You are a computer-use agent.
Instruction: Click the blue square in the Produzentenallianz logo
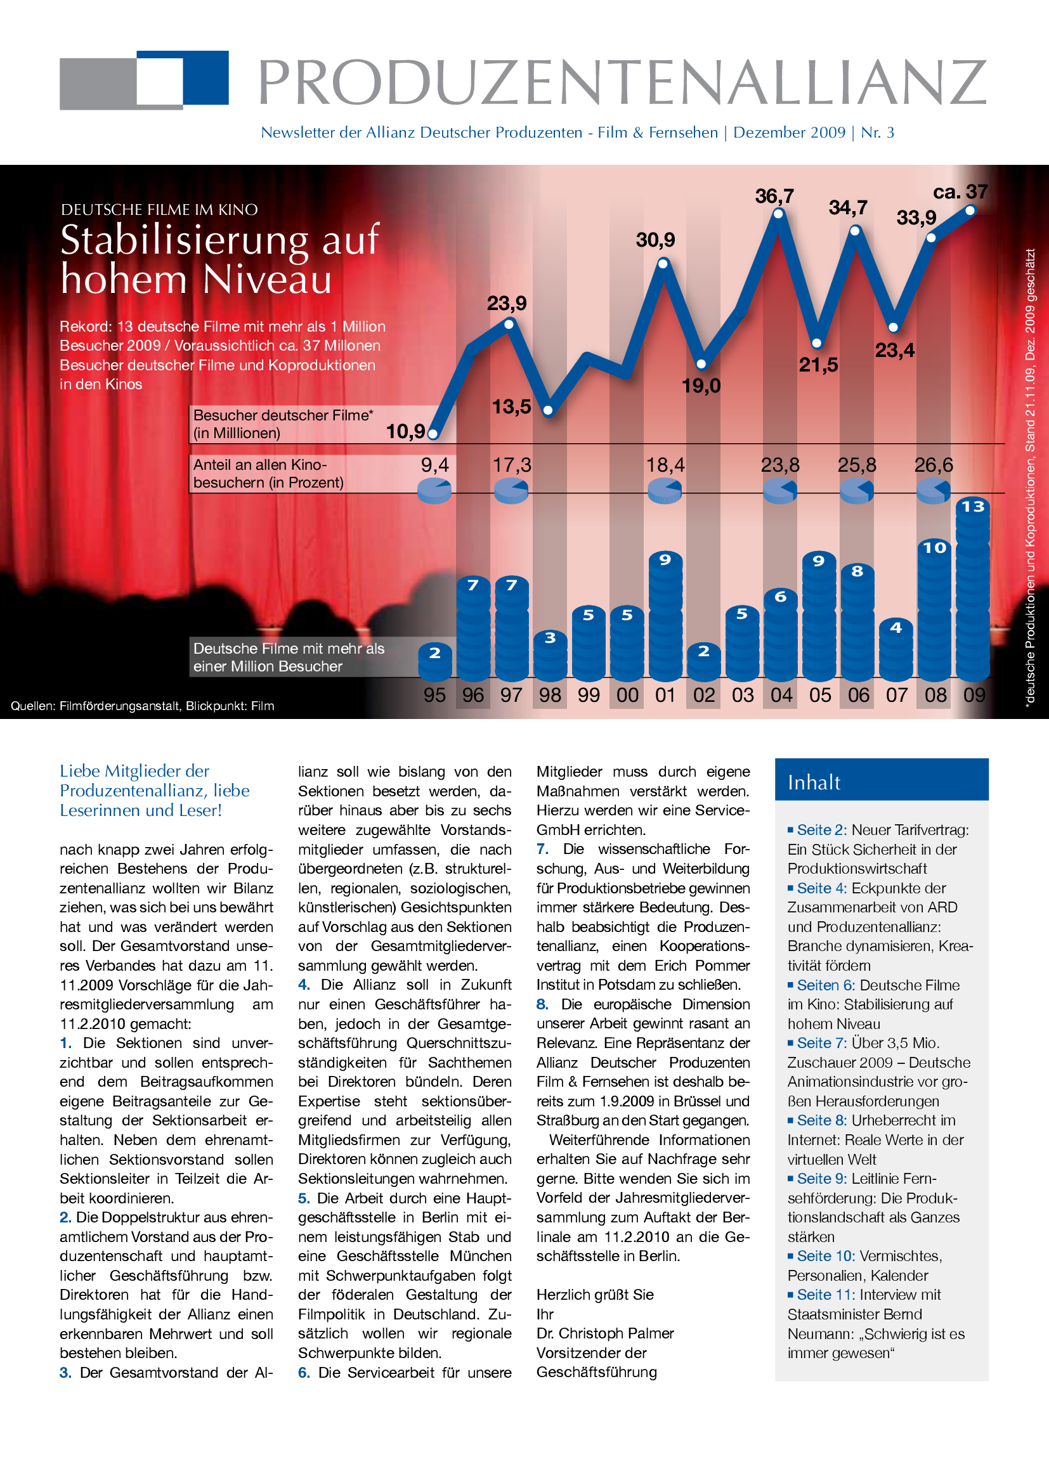(x=205, y=77)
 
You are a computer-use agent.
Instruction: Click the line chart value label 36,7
(x=774, y=196)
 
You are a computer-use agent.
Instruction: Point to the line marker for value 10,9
(x=433, y=434)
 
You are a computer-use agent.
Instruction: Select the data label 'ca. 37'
(x=960, y=192)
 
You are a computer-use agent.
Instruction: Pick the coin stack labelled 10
(x=934, y=611)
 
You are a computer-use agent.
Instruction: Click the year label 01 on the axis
(x=665, y=695)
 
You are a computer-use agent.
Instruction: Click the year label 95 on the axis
(x=434, y=695)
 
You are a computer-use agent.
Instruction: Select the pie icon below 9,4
(x=434, y=490)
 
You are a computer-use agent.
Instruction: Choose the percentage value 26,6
(x=934, y=465)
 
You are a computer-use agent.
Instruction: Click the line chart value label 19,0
(x=701, y=385)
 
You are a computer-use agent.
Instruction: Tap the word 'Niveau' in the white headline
(x=267, y=279)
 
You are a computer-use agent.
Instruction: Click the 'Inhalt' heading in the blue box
(x=813, y=782)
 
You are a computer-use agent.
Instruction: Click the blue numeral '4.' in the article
(x=304, y=985)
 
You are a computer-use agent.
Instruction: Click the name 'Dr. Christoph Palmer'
(x=604, y=1333)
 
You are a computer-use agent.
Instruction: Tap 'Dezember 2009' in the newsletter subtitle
(x=789, y=133)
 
